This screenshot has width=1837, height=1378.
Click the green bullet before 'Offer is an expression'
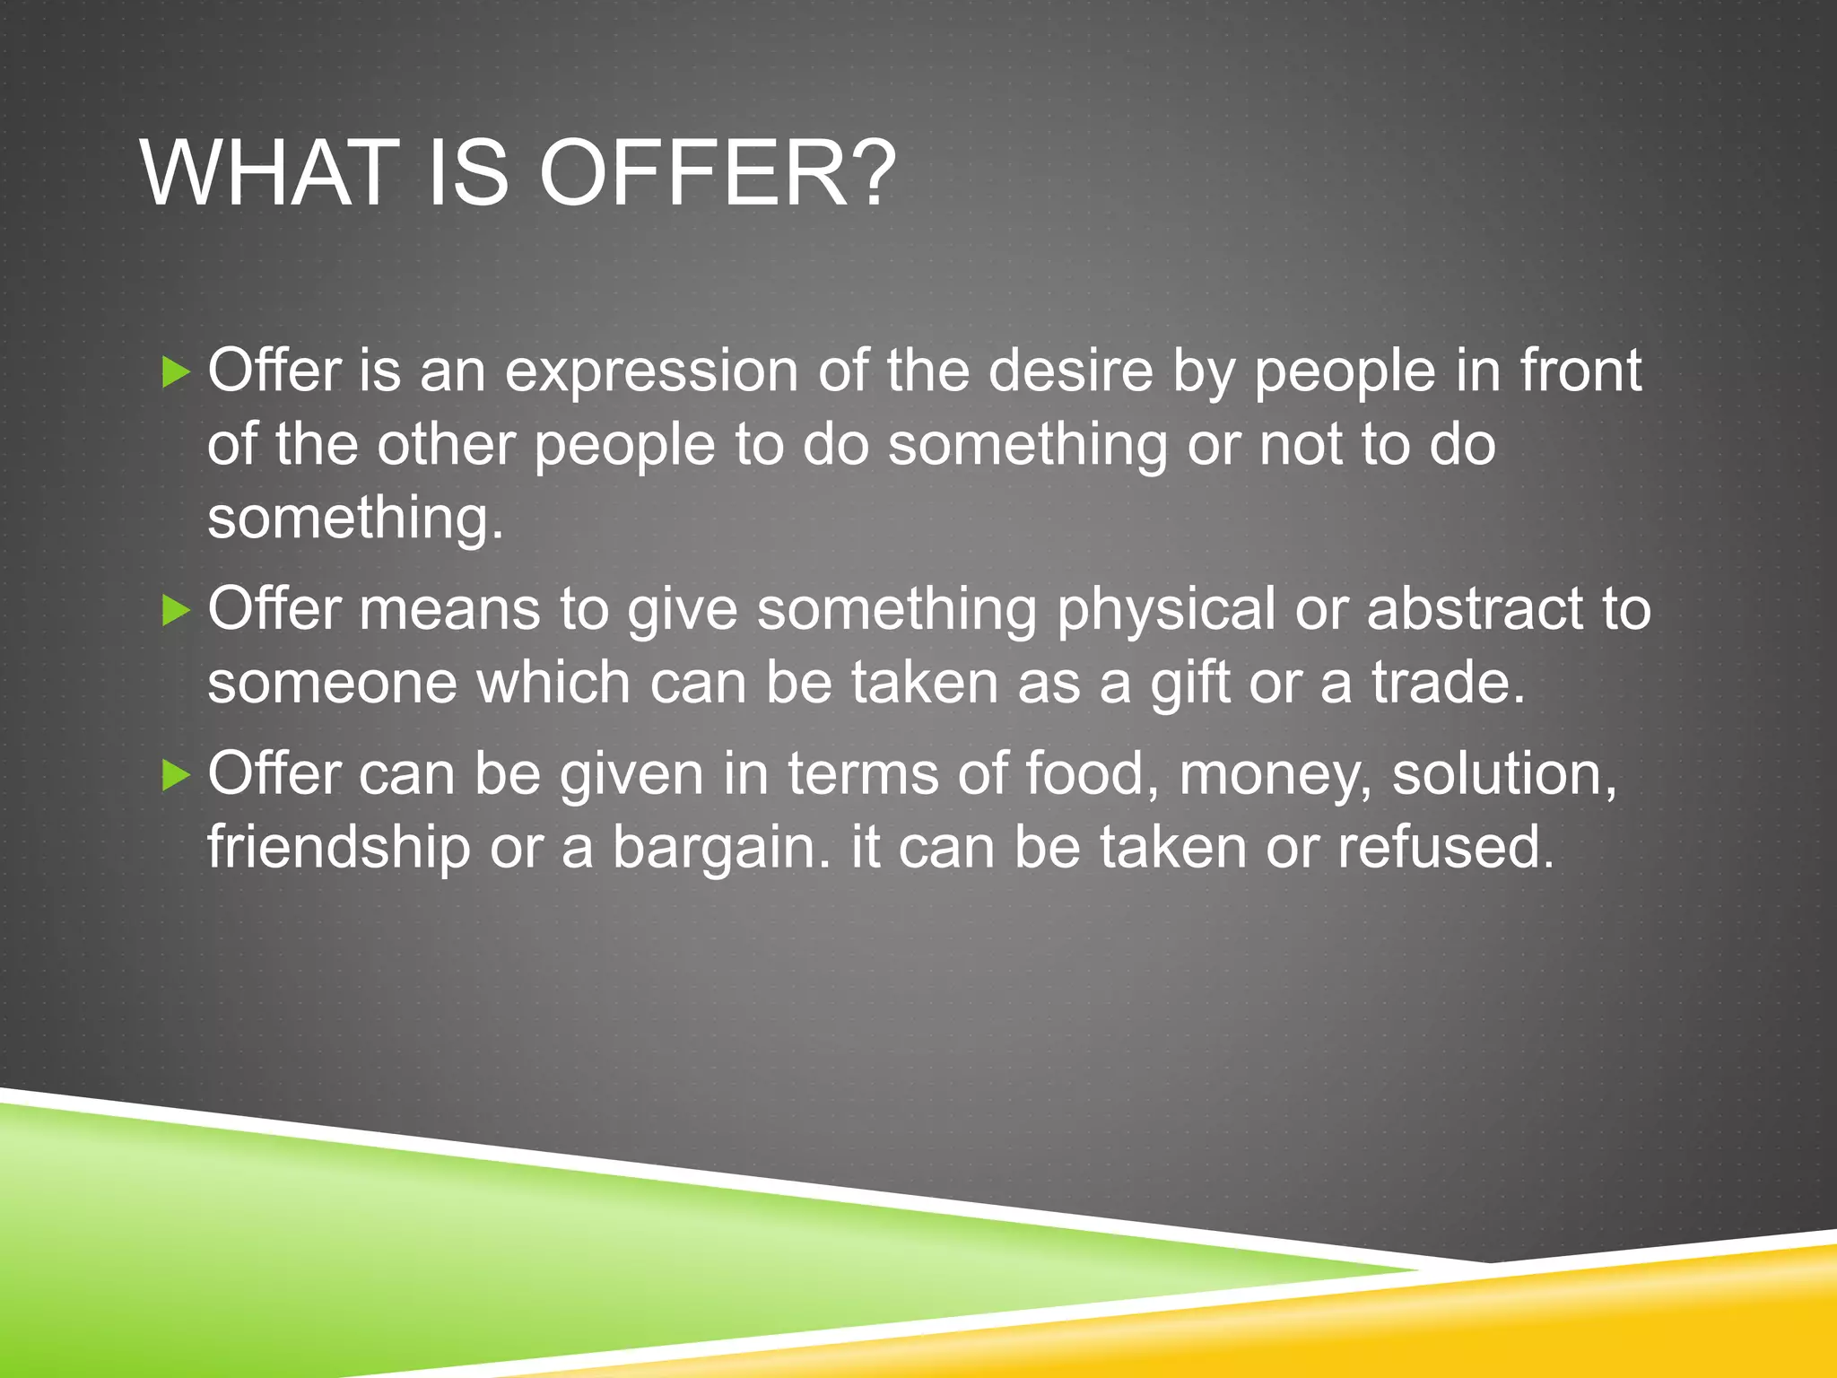(x=177, y=371)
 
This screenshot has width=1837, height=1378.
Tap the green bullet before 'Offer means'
(x=177, y=611)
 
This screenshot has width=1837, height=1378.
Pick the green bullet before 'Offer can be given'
(x=177, y=774)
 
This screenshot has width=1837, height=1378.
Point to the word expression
(x=651, y=371)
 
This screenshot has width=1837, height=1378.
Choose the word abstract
(x=1476, y=609)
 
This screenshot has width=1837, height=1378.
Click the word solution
(x=1503, y=773)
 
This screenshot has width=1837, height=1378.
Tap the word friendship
(x=339, y=848)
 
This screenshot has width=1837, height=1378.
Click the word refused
(x=1445, y=847)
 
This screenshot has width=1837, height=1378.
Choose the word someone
(x=332, y=684)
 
